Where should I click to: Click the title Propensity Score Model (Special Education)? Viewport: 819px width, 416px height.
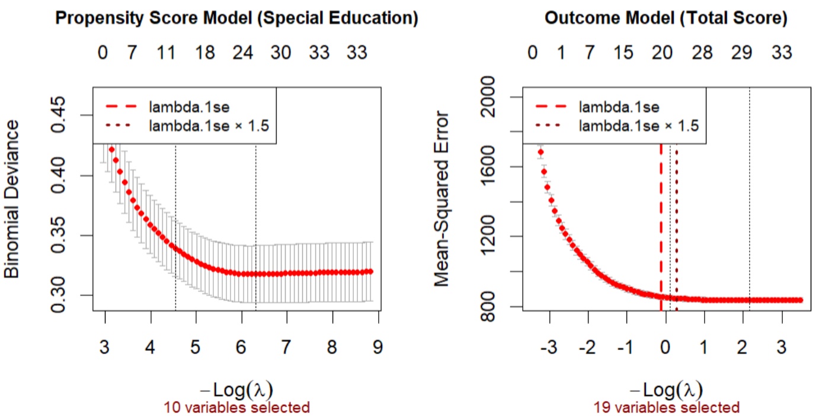pos(236,18)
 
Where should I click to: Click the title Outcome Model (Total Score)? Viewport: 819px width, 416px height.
pos(666,18)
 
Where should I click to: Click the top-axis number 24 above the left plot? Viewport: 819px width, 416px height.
pos(242,53)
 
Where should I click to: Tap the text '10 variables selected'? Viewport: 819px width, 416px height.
pos(237,407)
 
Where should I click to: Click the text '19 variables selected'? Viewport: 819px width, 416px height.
pos(667,407)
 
